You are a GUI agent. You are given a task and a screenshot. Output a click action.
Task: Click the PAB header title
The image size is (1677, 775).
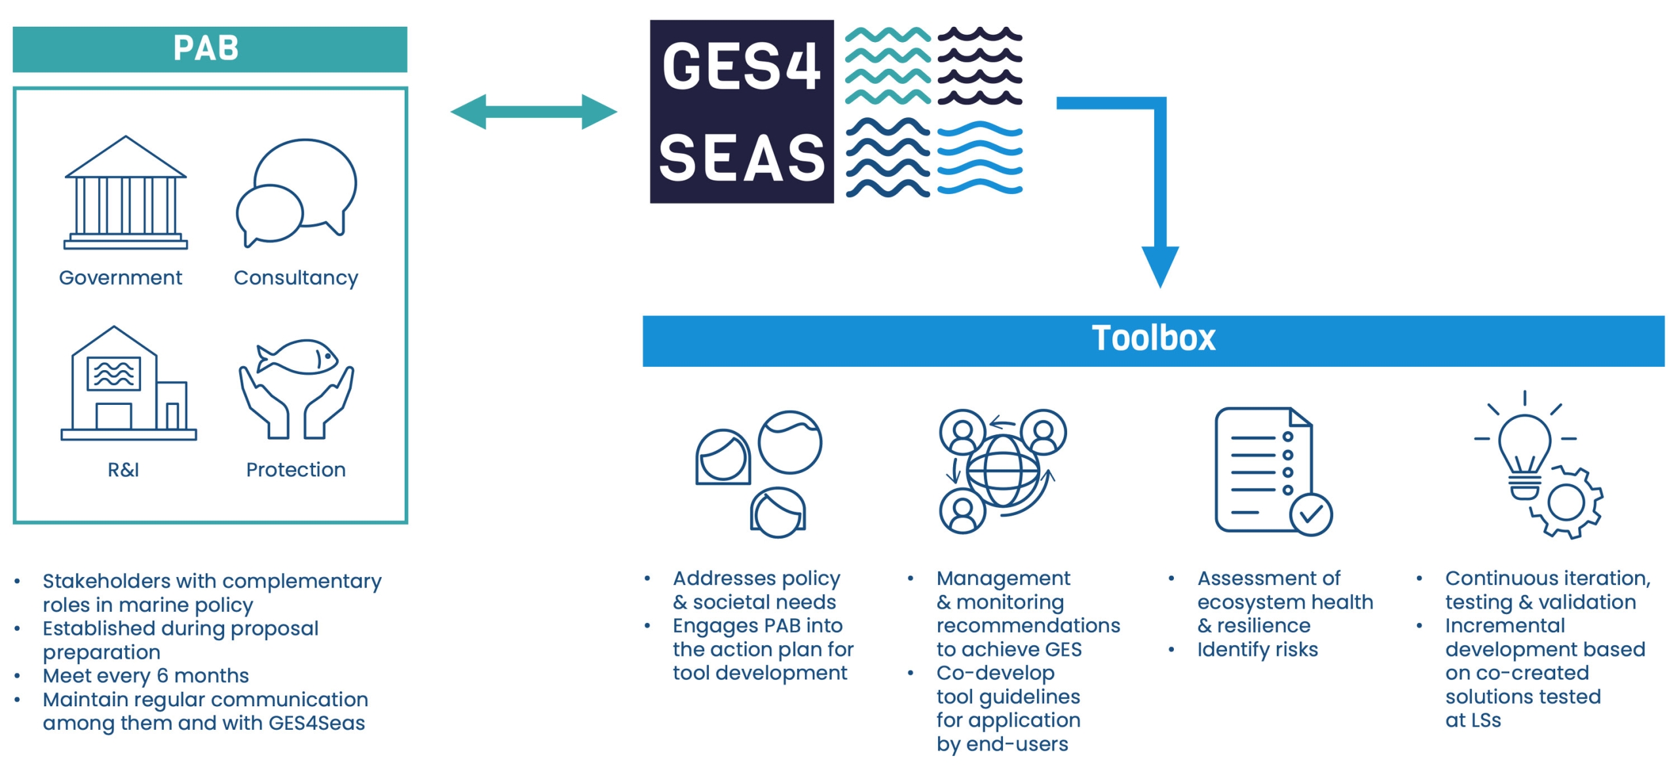206,48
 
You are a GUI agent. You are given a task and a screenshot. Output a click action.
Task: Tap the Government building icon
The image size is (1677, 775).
126,193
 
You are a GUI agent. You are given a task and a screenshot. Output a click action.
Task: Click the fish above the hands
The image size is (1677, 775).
299,358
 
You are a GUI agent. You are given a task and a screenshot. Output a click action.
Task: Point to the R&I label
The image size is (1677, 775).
123,470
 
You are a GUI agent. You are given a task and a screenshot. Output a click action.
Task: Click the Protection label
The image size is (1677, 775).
295,470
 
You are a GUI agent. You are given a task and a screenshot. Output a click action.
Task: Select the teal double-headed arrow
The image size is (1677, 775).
533,111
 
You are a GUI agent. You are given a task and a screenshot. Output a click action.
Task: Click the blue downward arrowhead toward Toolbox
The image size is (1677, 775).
1160,265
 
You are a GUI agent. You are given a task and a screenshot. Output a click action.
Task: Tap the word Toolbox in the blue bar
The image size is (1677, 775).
1153,339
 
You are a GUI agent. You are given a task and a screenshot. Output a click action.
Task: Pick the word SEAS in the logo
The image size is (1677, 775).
741,158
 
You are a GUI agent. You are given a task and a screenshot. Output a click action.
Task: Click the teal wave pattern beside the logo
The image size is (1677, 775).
888,66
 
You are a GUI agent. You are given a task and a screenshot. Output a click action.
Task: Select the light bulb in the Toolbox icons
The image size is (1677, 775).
1524,452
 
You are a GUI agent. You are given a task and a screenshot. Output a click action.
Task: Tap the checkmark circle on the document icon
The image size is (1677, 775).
1311,515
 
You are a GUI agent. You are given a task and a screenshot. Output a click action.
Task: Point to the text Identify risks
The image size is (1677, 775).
1257,649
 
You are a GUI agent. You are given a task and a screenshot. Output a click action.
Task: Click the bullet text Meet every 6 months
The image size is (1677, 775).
145,675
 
